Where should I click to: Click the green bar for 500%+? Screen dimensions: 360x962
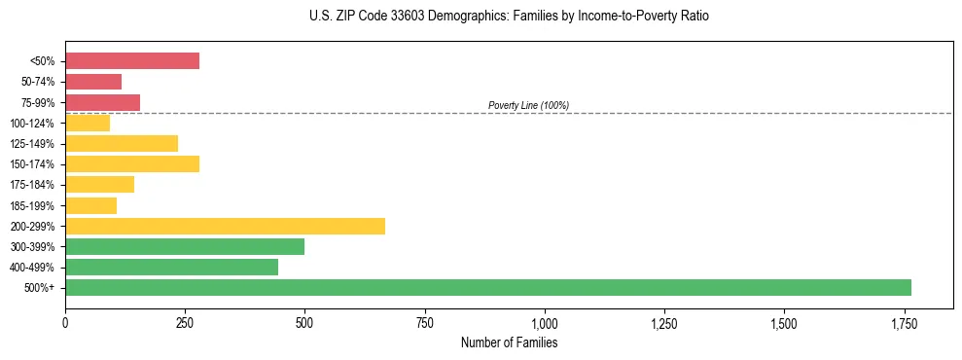click(x=487, y=287)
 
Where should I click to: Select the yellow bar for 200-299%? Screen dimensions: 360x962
click(x=225, y=226)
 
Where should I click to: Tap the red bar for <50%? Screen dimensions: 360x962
click(x=132, y=61)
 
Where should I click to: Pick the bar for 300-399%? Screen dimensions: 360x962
click(x=185, y=246)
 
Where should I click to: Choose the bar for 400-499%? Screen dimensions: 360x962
click(x=171, y=267)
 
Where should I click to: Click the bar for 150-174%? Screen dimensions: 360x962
click(x=132, y=163)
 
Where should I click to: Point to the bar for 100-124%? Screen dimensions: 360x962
click(x=88, y=123)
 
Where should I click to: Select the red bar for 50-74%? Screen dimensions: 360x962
click(x=93, y=82)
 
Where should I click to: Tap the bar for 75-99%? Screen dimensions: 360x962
click(x=102, y=102)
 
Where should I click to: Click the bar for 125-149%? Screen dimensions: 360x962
click(x=122, y=143)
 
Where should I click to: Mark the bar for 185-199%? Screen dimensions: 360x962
click(x=90, y=205)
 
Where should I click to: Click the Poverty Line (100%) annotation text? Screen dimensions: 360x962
click(x=528, y=105)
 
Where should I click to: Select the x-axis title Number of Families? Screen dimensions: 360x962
click(x=509, y=342)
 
